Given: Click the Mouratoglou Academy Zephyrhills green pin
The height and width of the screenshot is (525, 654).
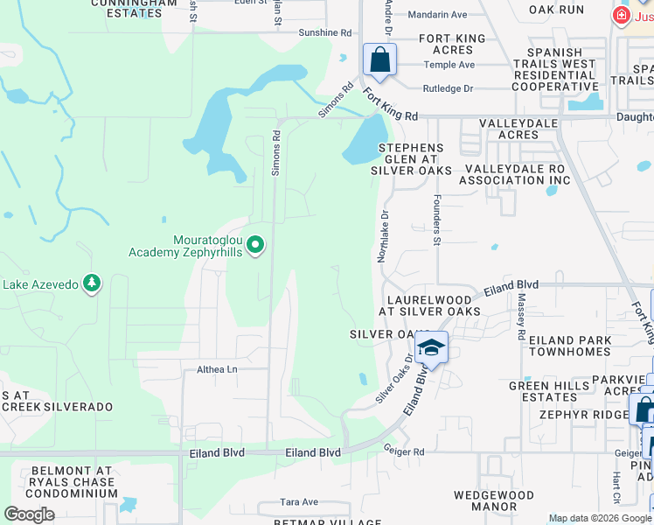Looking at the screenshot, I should pyautogui.click(x=255, y=245).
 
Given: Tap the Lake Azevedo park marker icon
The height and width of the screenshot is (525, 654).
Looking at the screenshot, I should pyautogui.click(x=92, y=283).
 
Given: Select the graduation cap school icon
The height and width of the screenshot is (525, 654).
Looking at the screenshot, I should pyautogui.click(x=431, y=348).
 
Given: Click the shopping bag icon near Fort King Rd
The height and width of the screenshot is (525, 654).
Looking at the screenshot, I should pyautogui.click(x=379, y=60).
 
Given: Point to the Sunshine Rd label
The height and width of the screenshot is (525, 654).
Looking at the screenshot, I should pyautogui.click(x=324, y=32).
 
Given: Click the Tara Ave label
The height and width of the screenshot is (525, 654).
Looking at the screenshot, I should pyautogui.click(x=299, y=502).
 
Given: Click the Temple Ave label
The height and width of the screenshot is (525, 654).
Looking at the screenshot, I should pyautogui.click(x=449, y=65).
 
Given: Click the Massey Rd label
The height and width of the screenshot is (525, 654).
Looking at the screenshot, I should pyautogui.click(x=521, y=317).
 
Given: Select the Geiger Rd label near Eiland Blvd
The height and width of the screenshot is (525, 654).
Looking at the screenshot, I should pyautogui.click(x=403, y=451).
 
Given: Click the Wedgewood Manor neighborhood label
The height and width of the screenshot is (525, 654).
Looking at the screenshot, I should pyautogui.click(x=493, y=500).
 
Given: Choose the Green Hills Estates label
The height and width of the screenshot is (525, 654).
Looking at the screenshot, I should pyautogui.click(x=543, y=391).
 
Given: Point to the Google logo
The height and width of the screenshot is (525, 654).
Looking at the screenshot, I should pyautogui.click(x=30, y=514).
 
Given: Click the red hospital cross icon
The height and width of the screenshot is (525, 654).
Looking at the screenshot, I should pyautogui.click(x=621, y=15).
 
